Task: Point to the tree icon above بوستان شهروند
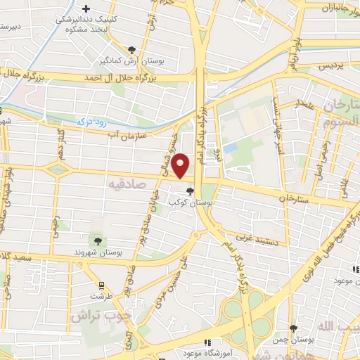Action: tap(98, 241)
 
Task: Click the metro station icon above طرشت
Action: tap(103, 285)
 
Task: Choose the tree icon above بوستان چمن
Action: tap(293, 328)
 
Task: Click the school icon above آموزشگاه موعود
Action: tap(207, 342)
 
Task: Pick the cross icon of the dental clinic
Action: tap(86, 10)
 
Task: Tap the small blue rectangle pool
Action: tap(230, 149)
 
